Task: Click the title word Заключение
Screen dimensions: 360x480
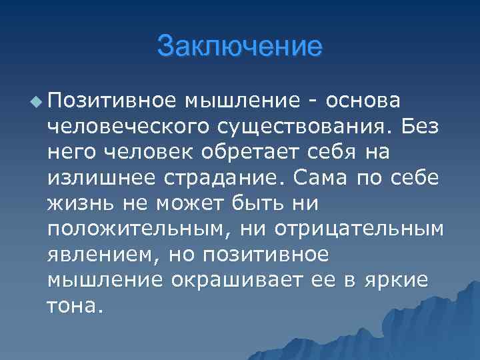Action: (239, 46)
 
